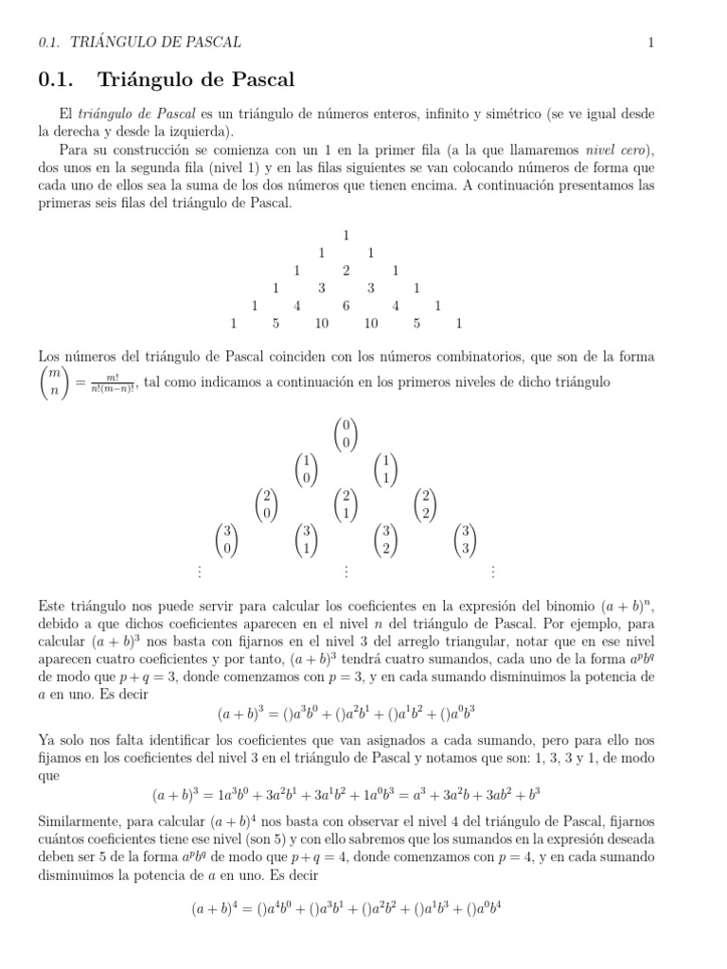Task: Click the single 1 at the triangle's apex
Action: (346, 235)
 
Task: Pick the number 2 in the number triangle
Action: (346, 271)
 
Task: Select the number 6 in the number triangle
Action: (346, 306)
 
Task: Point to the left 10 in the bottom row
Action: (322, 324)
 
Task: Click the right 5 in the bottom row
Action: (417, 324)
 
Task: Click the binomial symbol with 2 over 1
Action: (346, 505)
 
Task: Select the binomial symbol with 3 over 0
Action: (227, 539)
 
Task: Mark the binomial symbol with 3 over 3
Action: (465, 539)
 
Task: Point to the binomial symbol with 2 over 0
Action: (267, 505)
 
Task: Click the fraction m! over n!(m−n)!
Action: (113, 382)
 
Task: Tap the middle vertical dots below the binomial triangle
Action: (346, 572)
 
